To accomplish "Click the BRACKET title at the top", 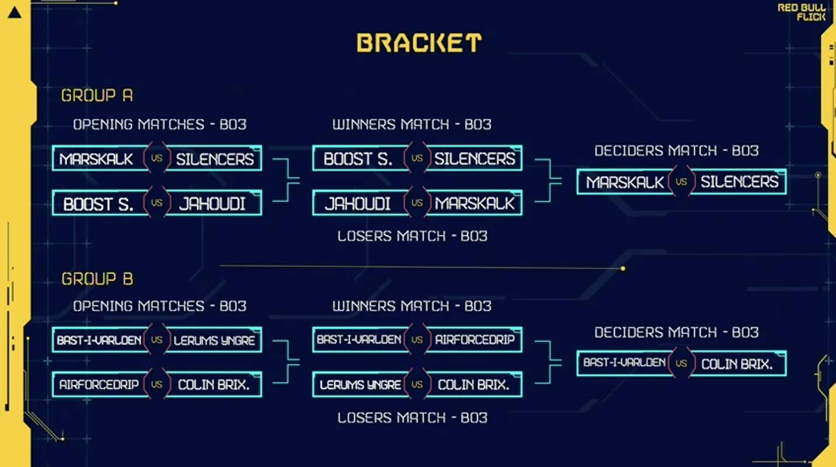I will [x=419, y=43].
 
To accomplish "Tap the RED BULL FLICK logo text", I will [x=802, y=12].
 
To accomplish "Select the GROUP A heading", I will [x=97, y=95].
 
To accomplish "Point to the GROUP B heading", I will [x=97, y=279].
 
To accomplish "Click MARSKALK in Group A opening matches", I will [x=96, y=159].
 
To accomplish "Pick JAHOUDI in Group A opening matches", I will [x=212, y=204].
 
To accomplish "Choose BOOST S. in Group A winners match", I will [x=358, y=159].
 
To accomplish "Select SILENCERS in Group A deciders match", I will [x=739, y=182].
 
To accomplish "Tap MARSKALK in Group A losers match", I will [x=474, y=204].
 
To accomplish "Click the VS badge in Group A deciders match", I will [x=681, y=182].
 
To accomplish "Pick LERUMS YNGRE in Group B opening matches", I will [x=214, y=340].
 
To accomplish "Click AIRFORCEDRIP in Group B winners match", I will [x=474, y=340].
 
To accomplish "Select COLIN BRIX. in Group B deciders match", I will [x=737, y=364].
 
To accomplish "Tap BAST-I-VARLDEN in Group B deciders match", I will [x=624, y=363].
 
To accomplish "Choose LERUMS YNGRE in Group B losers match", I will [x=360, y=385].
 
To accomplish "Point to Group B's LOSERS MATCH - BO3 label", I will [x=412, y=417].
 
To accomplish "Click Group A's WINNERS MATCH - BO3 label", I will [x=412, y=124].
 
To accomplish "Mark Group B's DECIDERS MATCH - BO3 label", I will [x=676, y=332].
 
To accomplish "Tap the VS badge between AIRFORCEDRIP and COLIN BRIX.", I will [x=156, y=385].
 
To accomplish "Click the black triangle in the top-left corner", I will [x=15, y=12].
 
